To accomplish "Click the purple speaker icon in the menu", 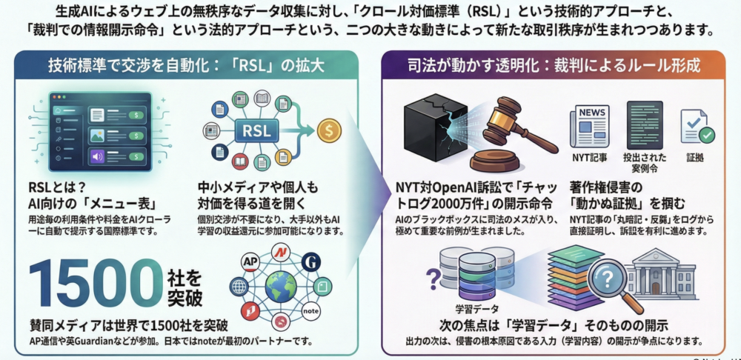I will pyautogui.click(x=96, y=156).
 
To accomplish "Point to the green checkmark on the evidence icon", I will pyautogui.click(x=707, y=136).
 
